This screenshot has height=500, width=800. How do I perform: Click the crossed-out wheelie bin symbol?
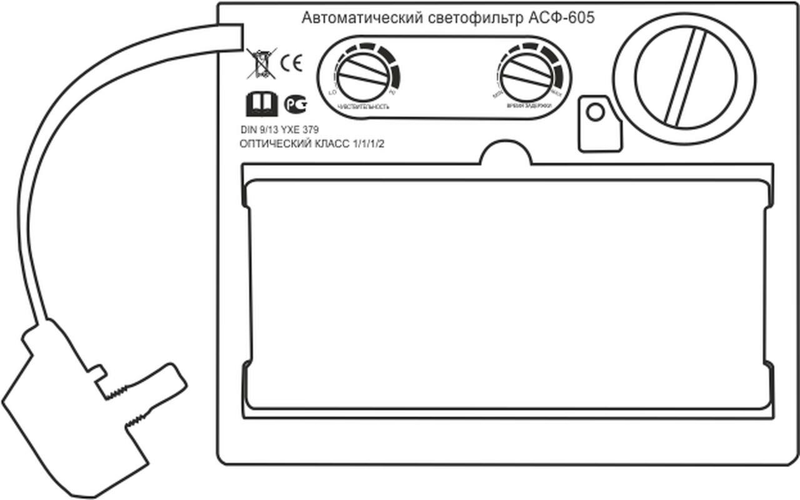(261, 64)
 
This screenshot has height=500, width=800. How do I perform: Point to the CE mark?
(291, 64)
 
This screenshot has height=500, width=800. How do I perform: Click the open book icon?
(261, 104)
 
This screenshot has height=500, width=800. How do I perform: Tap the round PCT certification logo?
(294, 105)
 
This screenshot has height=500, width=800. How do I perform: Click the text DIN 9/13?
(259, 130)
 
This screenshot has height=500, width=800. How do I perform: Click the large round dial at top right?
(684, 77)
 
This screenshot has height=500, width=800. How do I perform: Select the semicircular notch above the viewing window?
(506, 153)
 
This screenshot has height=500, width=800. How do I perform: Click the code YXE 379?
(301, 130)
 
